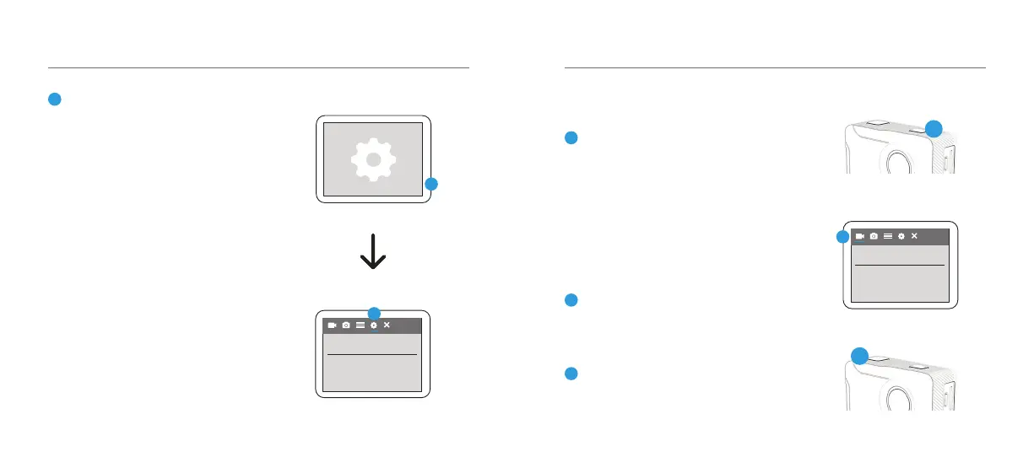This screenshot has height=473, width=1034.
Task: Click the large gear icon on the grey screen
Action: coord(373,159)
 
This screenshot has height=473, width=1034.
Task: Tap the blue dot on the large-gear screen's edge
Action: coord(431,184)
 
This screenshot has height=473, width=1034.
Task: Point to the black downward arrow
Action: coord(373,253)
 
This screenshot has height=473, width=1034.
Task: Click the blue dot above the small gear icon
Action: coord(374,313)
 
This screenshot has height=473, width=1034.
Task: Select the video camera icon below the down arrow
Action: coord(333,325)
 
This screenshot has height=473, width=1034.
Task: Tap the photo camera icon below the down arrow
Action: coord(346,325)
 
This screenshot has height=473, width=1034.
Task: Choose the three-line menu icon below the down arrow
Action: coord(360,325)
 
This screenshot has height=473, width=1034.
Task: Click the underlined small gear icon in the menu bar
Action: coord(373,325)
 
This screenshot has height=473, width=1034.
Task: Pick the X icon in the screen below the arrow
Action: coord(387,325)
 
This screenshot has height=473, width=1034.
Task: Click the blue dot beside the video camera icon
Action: coord(842,237)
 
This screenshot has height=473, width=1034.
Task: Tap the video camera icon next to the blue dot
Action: coord(860,237)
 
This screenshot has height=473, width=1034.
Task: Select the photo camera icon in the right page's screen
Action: coord(874,237)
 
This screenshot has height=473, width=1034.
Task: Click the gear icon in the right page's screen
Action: coord(901,237)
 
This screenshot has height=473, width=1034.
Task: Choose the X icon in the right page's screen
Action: coord(914,237)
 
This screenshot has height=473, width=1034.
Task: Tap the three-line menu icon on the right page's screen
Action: coord(887,237)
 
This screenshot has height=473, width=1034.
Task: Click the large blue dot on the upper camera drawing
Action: coord(933,128)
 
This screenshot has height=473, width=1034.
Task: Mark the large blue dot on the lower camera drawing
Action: coord(859,356)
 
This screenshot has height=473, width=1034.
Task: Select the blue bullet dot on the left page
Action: coord(53,99)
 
